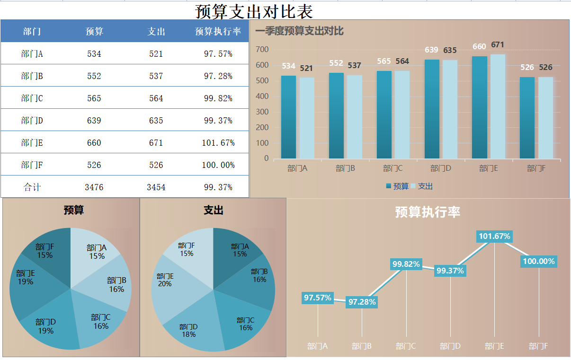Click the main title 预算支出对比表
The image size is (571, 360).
[x=254, y=11]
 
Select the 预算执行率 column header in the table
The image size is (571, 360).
[x=218, y=32]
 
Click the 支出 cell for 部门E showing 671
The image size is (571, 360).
[x=156, y=143]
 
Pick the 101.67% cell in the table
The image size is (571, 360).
[x=218, y=143]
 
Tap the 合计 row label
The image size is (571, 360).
[x=32, y=187]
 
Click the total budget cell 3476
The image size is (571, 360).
[x=94, y=187]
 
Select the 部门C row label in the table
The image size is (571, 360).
[x=32, y=98]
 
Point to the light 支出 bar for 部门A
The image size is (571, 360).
[x=307, y=118]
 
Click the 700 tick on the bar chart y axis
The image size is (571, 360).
[x=262, y=50]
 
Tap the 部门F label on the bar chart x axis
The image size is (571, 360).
[x=536, y=168]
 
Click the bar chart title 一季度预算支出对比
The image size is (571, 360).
[x=299, y=32]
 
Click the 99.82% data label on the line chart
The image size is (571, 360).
[x=406, y=264]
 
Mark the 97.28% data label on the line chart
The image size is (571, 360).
[x=362, y=302]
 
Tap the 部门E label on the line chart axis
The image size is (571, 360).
[x=494, y=346]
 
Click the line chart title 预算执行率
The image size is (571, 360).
[x=428, y=212]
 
